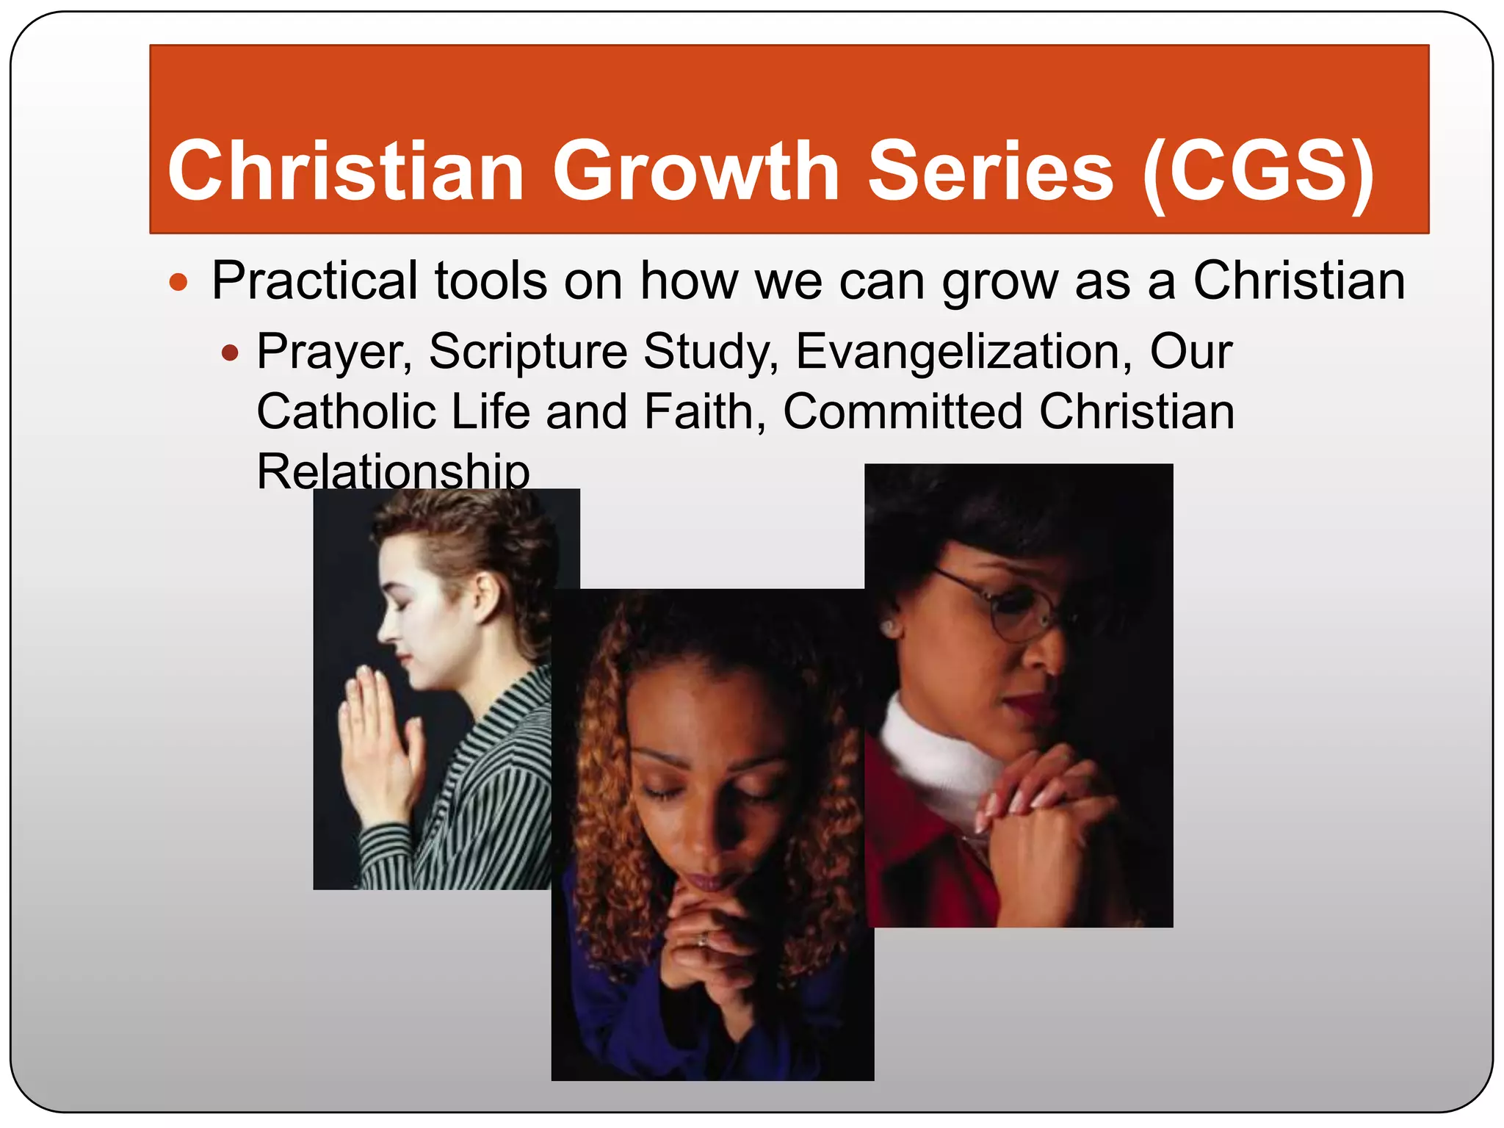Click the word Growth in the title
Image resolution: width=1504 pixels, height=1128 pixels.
coord(695,172)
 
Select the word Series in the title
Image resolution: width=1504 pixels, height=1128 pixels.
coord(991,172)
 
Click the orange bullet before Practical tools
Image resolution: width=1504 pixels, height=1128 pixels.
coord(178,282)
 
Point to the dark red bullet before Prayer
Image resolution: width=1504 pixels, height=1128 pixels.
coord(230,354)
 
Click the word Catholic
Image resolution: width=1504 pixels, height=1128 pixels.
coord(345,411)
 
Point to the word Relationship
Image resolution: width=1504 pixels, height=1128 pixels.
coord(393,471)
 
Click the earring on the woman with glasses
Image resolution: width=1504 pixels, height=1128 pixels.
coord(890,628)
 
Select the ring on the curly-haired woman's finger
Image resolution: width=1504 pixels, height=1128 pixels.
coord(703,939)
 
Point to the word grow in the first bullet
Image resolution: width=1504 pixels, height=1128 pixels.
coord(999,282)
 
